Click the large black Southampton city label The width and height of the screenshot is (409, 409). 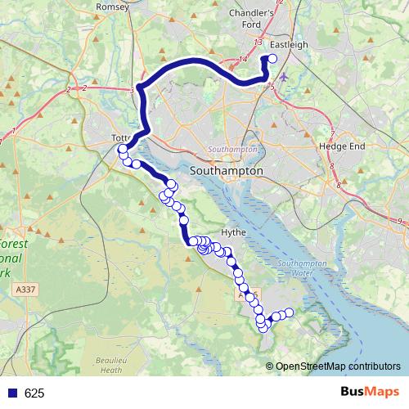coord(226,172)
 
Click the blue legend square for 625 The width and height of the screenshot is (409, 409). coord(12,393)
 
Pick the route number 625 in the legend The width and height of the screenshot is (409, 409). coord(34,393)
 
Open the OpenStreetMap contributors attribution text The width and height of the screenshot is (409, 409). coord(337,366)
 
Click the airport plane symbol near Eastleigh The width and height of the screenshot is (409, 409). coord(284,78)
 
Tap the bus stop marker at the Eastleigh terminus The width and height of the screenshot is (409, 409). coord(272,58)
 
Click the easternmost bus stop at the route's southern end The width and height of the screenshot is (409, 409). coord(288,312)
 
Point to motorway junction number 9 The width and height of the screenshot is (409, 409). coord(400,221)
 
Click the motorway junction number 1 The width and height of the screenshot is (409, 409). coord(14,131)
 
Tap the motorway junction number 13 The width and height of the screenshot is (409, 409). coord(258,41)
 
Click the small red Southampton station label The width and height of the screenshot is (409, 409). coord(233,150)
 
